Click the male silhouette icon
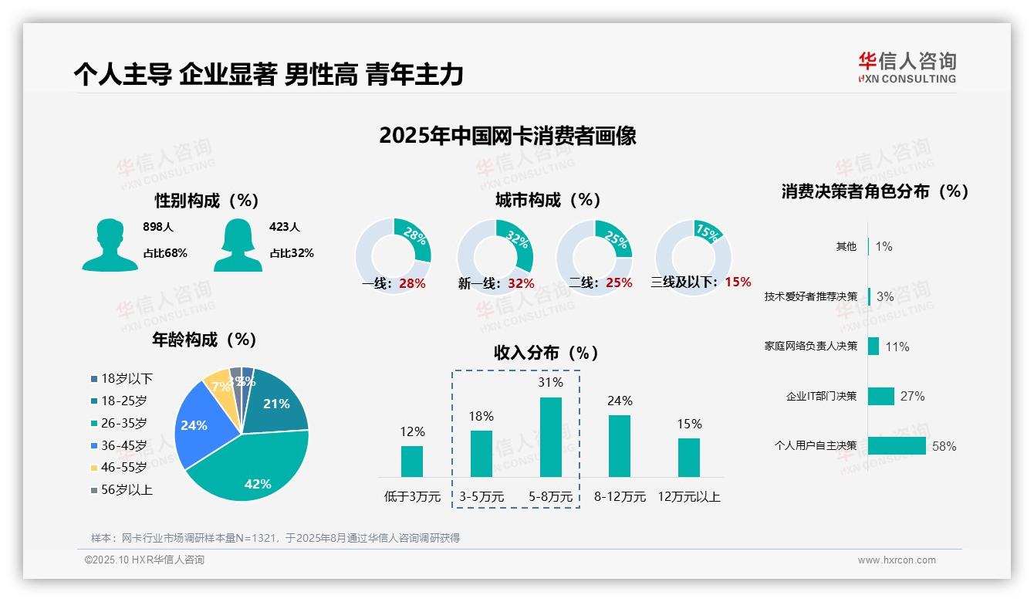[x=110, y=245]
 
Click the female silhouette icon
[x=238, y=245]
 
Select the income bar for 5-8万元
[x=551, y=437]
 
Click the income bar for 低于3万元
[x=412, y=461]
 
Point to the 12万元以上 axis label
[x=688, y=497]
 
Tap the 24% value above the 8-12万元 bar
[x=620, y=401]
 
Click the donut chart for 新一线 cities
[x=495, y=256]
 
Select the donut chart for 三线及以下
[x=693, y=256]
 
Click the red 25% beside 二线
[x=619, y=283]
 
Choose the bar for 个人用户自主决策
[x=897, y=446]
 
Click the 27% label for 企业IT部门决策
[x=912, y=396]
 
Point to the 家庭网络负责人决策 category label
[x=810, y=346]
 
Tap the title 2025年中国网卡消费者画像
[x=508, y=136]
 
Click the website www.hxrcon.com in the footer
[x=897, y=560]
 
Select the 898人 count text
[x=158, y=227]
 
